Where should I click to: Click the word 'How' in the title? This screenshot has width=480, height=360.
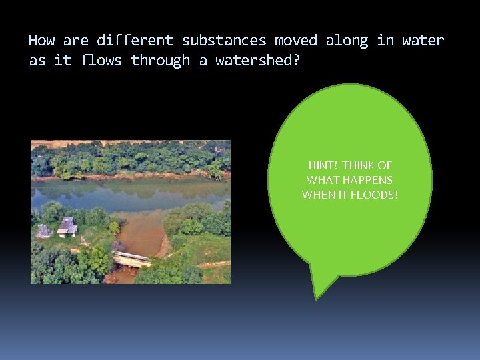(41, 41)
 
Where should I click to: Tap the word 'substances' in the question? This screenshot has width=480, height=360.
(224, 41)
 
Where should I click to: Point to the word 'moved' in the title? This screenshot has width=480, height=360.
(296, 41)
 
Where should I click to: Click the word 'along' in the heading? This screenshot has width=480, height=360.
(347, 41)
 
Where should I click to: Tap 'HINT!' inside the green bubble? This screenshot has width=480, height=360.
(323, 165)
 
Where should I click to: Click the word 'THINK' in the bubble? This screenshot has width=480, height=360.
(360, 165)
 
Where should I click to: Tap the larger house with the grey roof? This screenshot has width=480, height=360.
(67, 227)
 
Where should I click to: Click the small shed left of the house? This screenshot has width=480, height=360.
(44, 231)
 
